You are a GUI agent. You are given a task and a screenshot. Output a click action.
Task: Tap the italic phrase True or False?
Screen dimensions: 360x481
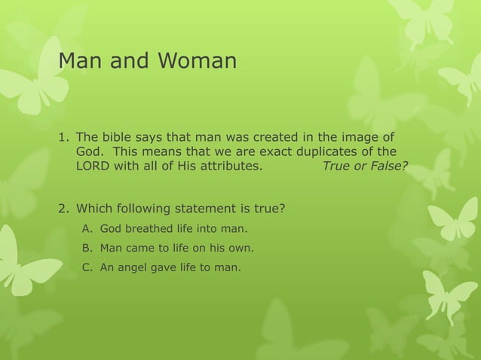pos(364,166)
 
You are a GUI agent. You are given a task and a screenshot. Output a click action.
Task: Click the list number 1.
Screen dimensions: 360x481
pos(63,138)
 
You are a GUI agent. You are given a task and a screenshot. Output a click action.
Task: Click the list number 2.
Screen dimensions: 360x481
pos(63,208)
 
